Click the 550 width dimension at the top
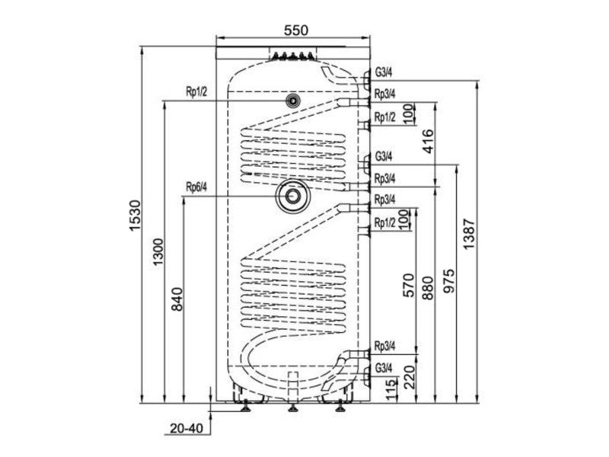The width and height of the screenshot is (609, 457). point(295,30)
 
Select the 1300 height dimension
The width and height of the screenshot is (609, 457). point(158,252)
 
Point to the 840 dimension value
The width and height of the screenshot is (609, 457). point(177,299)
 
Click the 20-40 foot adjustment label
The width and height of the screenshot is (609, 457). point(187,429)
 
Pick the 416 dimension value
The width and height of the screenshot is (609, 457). point(427,142)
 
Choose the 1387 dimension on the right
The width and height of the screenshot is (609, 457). point(469,235)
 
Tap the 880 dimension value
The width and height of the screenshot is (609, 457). point(428,289)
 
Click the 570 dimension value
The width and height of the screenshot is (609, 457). point(409,286)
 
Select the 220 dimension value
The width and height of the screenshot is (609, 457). point(410,376)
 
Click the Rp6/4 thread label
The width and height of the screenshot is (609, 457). point(196,187)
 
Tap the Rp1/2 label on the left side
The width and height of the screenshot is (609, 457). point(196,92)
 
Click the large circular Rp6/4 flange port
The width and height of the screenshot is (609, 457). point(292,197)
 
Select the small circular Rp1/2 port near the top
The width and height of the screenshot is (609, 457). point(292,101)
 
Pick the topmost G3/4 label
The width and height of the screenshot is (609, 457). point(384,72)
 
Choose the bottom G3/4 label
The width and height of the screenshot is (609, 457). point(384,368)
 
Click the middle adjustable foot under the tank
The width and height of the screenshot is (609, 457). point(293,407)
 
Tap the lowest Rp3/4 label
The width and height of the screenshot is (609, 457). point(385,346)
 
